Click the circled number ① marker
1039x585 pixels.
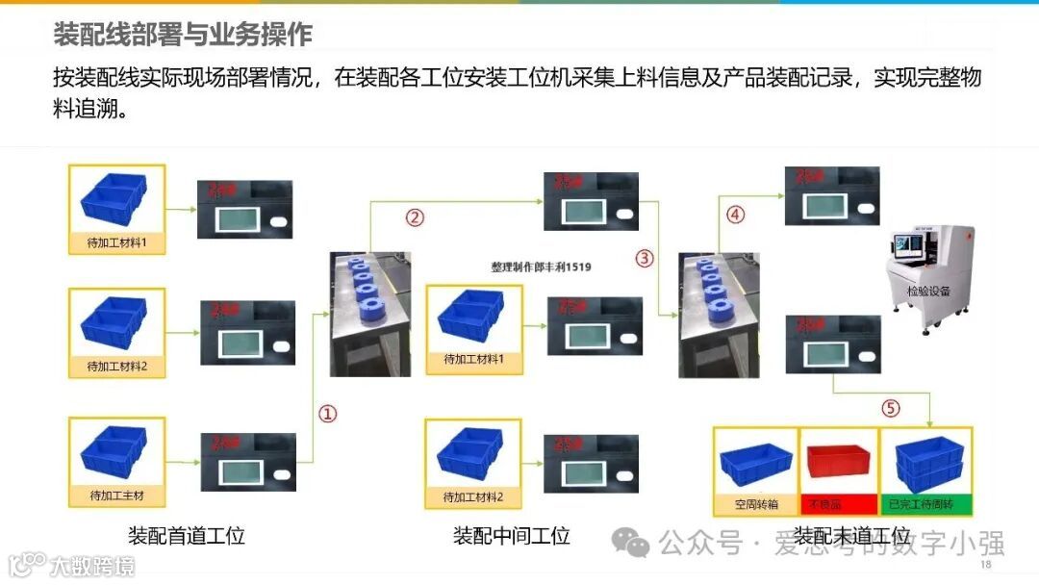click(x=328, y=414)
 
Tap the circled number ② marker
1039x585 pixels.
click(x=415, y=217)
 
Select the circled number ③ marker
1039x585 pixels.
click(x=645, y=258)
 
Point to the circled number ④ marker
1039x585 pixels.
click(x=735, y=216)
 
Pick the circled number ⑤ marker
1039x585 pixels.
click(x=891, y=408)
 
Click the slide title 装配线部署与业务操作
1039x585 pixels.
click(x=183, y=35)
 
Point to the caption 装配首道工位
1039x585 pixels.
click(x=187, y=536)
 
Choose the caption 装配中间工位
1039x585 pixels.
click(x=511, y=536)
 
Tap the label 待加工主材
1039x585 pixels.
click(x=116, y=496)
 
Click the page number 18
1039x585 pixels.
click(x=985, y=565)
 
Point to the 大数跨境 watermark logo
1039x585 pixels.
click(x=71, y=565)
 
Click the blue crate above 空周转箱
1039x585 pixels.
click(x=756, y=466)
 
